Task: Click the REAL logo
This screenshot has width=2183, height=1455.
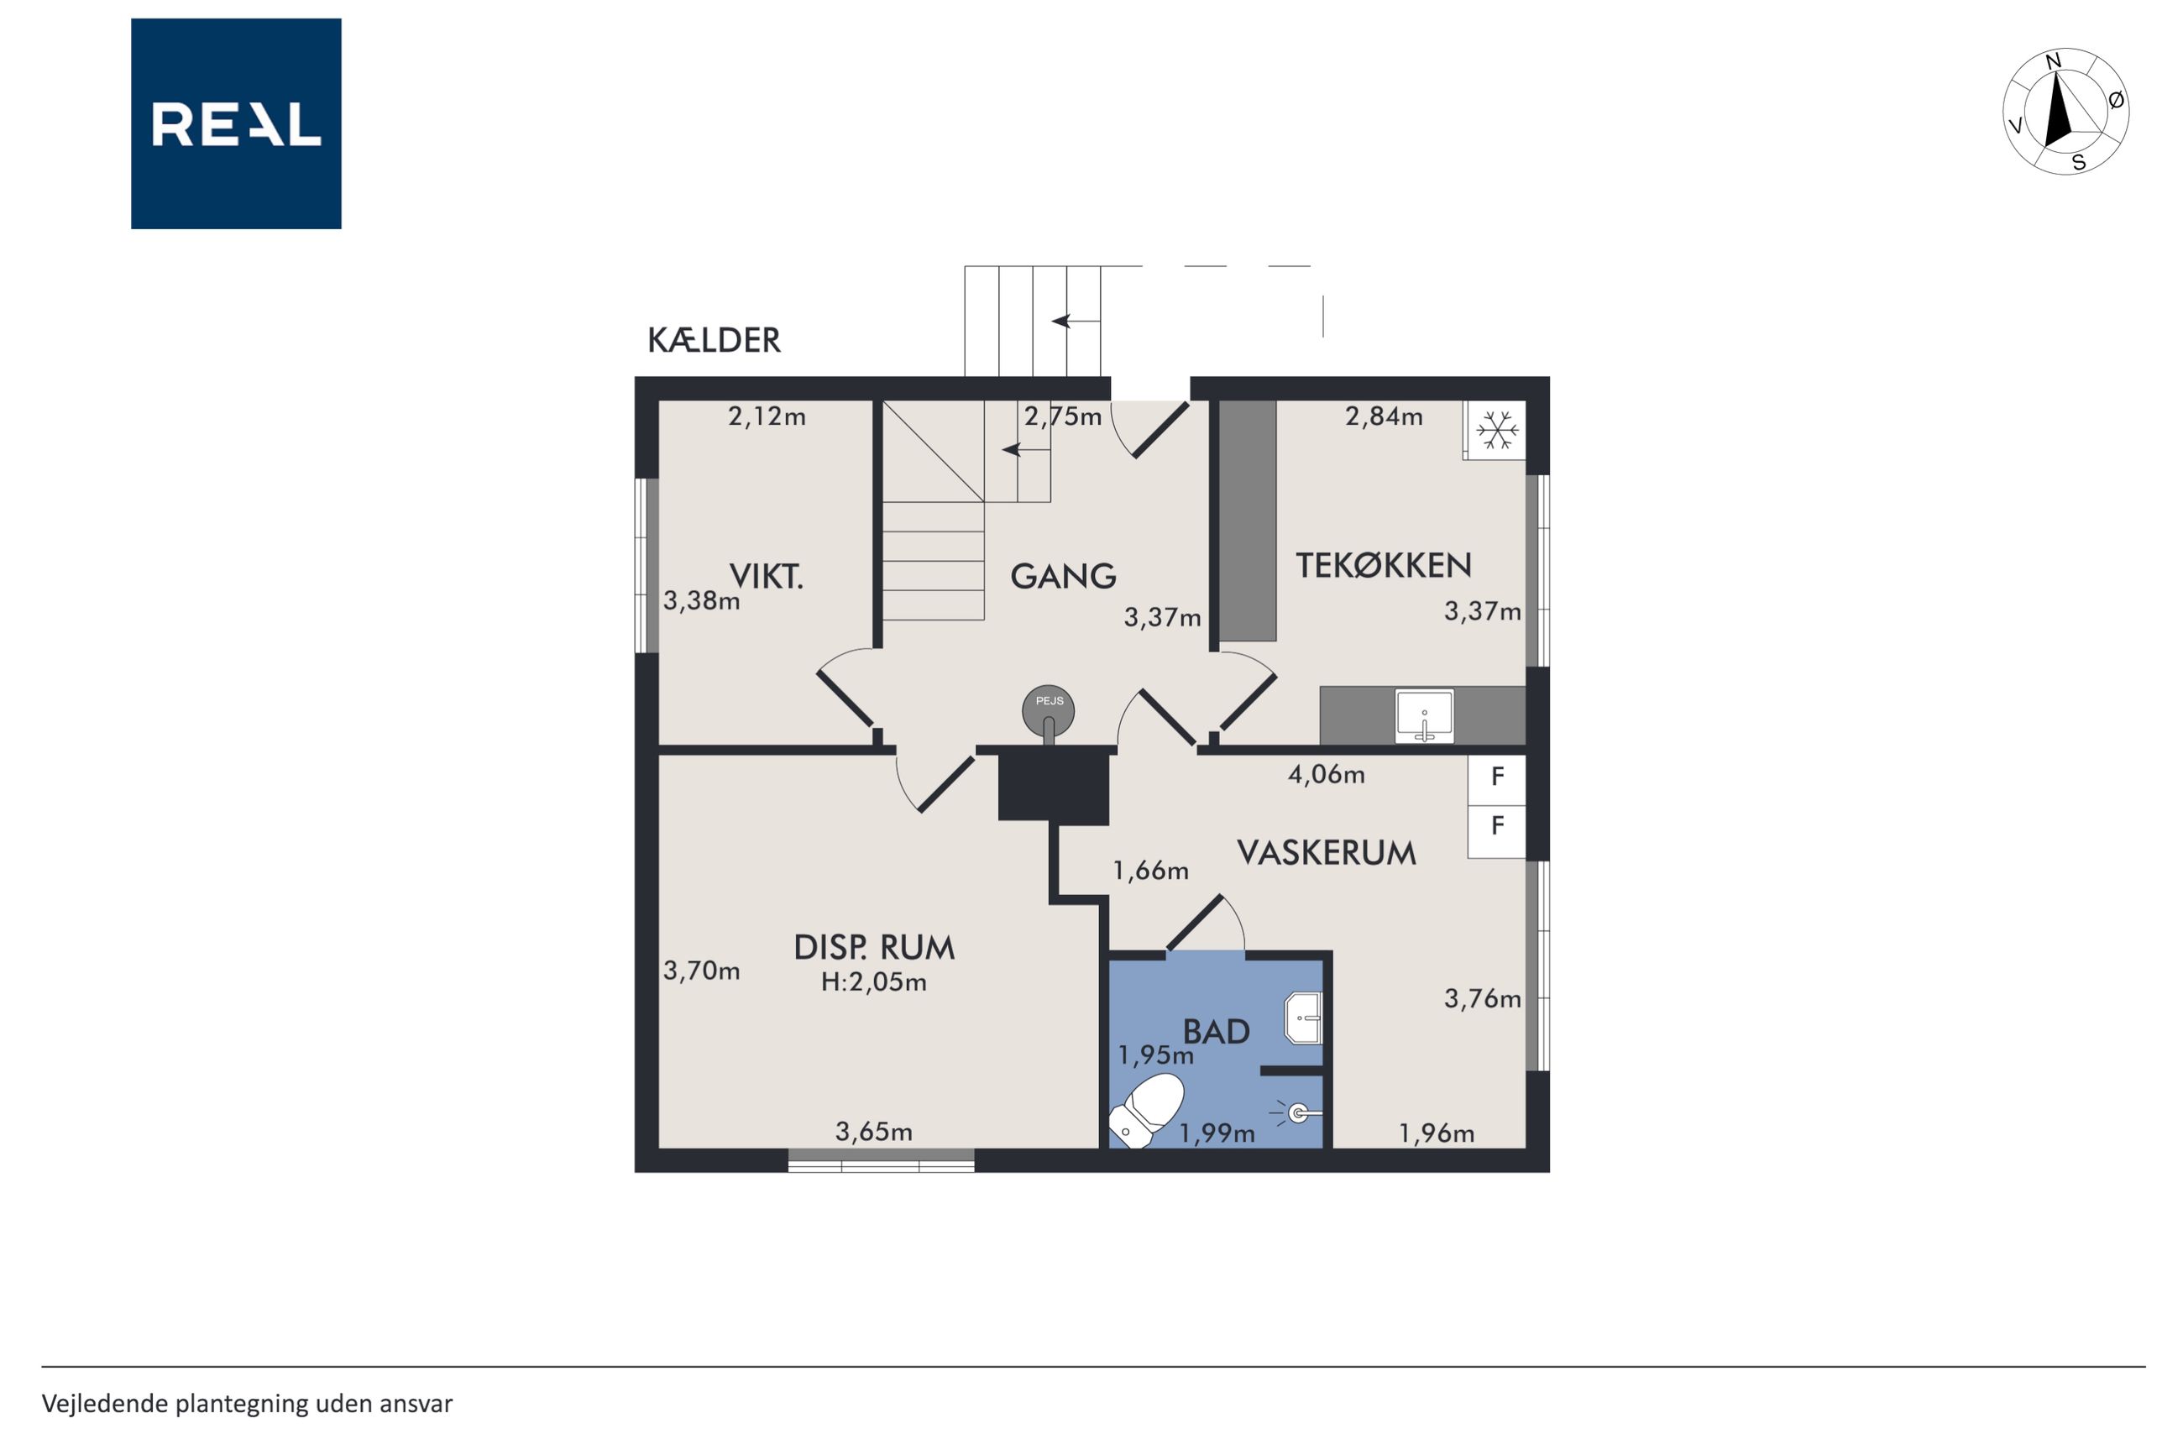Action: pyautogui.click(x=236, y=123)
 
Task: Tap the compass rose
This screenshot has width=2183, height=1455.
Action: pyautogui.click(x=2065, y=112)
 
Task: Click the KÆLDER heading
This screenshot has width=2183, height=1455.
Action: pyautogui.click(x=714, y=341)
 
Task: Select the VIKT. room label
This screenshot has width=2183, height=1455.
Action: pyautogui.click(x=767, y=576)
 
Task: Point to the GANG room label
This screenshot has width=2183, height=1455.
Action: pyautogui.click(x=1063, y=576)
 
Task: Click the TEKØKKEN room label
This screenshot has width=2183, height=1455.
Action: pyautogui.click(x=1384, y=565)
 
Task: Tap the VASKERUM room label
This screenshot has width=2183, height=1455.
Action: pyautogui.click(x=1327, y=853)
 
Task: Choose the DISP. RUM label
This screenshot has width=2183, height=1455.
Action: pyautogui.click(x=874, y=947)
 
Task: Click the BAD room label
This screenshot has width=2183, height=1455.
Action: pyautogui.click(x=1217, y=1032)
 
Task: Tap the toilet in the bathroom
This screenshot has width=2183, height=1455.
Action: pyautogui.click(x=1148, y=1110)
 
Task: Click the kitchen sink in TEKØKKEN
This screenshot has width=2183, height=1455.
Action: pyautogui.click(x=1424, y=715)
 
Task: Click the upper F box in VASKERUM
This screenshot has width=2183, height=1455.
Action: pyautogui.click(x=1496, y=777)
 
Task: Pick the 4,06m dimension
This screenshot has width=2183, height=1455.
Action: pyautogui.click(x=1326, y=774)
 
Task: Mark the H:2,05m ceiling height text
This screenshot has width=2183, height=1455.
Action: pyautogui.click(x=874, y=981)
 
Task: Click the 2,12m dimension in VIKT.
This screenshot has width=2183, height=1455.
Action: pyautogui.click(x=767, y=416)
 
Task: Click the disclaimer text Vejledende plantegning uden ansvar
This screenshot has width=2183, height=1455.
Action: pyautogui.click(x=247, y=1404)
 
